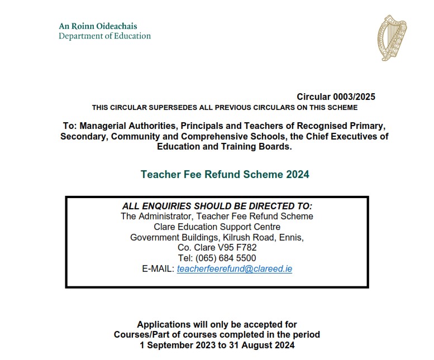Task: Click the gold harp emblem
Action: click(392, 37)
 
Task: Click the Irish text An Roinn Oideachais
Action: click(98, 26)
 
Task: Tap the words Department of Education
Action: click(105, 36)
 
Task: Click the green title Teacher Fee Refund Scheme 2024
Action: click(225, 174)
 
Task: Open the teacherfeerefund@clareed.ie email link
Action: click(235, 269)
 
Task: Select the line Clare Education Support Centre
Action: click(217, 227)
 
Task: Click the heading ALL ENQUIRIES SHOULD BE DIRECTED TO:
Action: click(217, 206)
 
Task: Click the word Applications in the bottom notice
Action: click(163, 324)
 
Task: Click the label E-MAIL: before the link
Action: click(158, 269)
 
